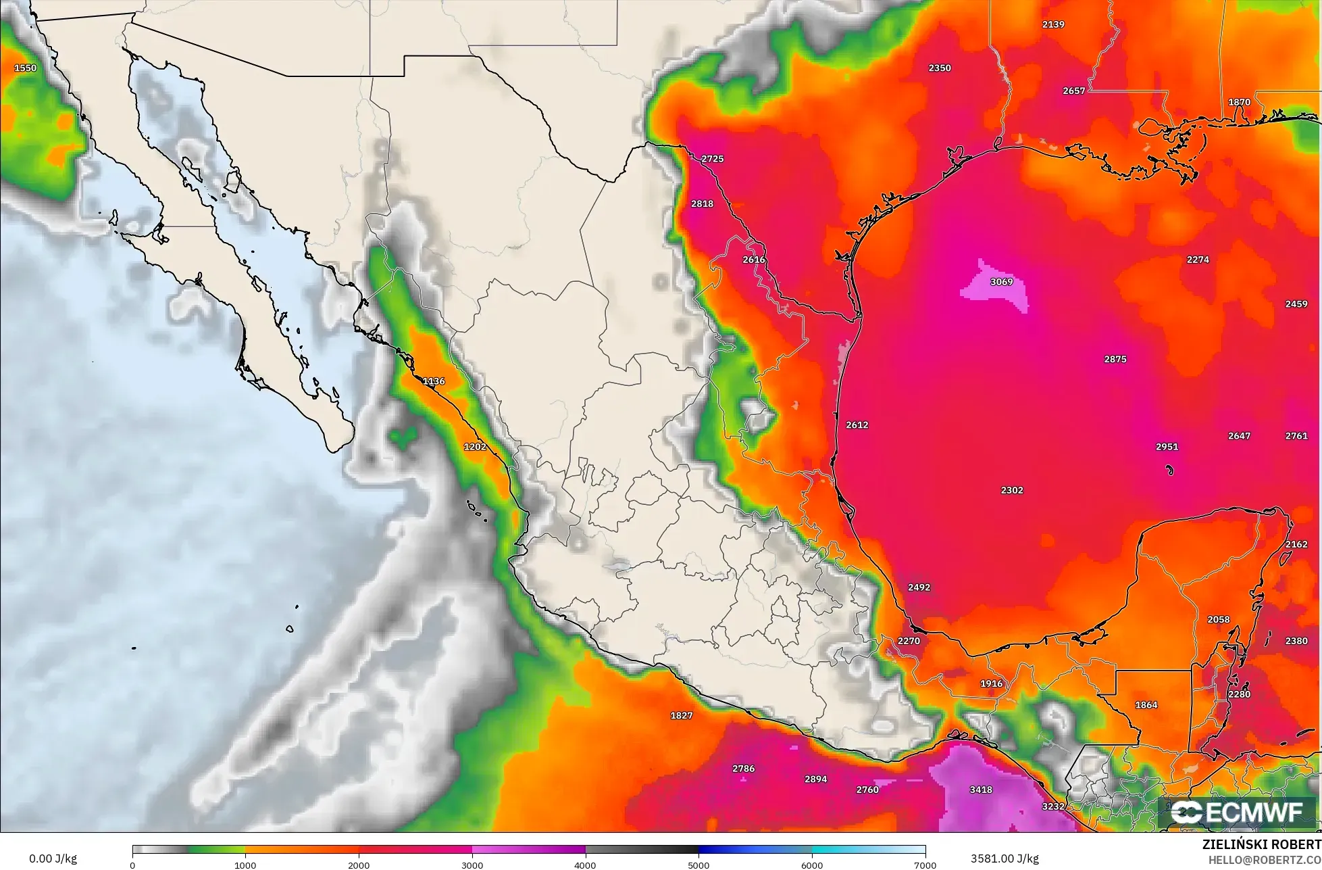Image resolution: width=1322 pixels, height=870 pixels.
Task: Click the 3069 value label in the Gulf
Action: (x=1001, y=282)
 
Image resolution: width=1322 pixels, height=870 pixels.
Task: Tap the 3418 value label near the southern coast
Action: (x=980, y=790)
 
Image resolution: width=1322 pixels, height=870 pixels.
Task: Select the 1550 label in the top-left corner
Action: (x=26, y=68)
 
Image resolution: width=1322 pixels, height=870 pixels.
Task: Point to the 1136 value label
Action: (x=434, y=381)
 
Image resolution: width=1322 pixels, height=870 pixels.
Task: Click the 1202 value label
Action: (x=475, y=447)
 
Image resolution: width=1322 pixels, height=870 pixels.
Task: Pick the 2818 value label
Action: (x=702, y=203)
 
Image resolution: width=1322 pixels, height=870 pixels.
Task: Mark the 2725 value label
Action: (x=712, y=159)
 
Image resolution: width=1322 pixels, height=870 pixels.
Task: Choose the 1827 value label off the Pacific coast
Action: (x=681, y=716)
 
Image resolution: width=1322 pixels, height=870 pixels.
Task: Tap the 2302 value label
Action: (x=1012, y=490)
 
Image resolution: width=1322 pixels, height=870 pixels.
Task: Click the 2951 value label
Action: (x=1167, y=447)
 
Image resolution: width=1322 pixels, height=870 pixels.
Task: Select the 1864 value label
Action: (x=1146, y=705)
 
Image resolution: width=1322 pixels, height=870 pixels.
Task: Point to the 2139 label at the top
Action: (x=1053, y=24)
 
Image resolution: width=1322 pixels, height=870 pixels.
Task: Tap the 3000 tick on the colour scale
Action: (x=472, y=865)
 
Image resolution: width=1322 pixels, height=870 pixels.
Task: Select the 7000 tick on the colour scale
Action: (x=925, y=865)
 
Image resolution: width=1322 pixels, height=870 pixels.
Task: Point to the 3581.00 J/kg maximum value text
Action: (x=1005, y=859)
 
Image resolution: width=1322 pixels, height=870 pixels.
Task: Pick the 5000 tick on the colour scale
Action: (x=698, y=865)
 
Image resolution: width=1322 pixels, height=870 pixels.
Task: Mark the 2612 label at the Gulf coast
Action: (x=857, y=425)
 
